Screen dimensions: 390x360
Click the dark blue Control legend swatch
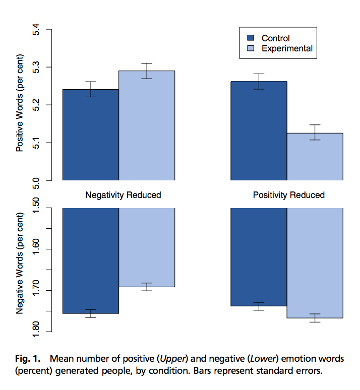pos(251,38)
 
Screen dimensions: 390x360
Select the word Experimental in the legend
pos(287,49)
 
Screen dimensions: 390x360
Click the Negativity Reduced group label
pos(123,195)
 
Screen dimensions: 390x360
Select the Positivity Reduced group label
pos(289,195)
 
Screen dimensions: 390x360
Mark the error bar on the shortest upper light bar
pos(315,132)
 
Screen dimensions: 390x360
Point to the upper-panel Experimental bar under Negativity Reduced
pos(147,126)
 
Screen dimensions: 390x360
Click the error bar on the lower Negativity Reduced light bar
pos(147,287)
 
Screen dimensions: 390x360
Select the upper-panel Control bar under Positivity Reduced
pos(259,131)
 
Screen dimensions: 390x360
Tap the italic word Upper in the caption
pos(170,359)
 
